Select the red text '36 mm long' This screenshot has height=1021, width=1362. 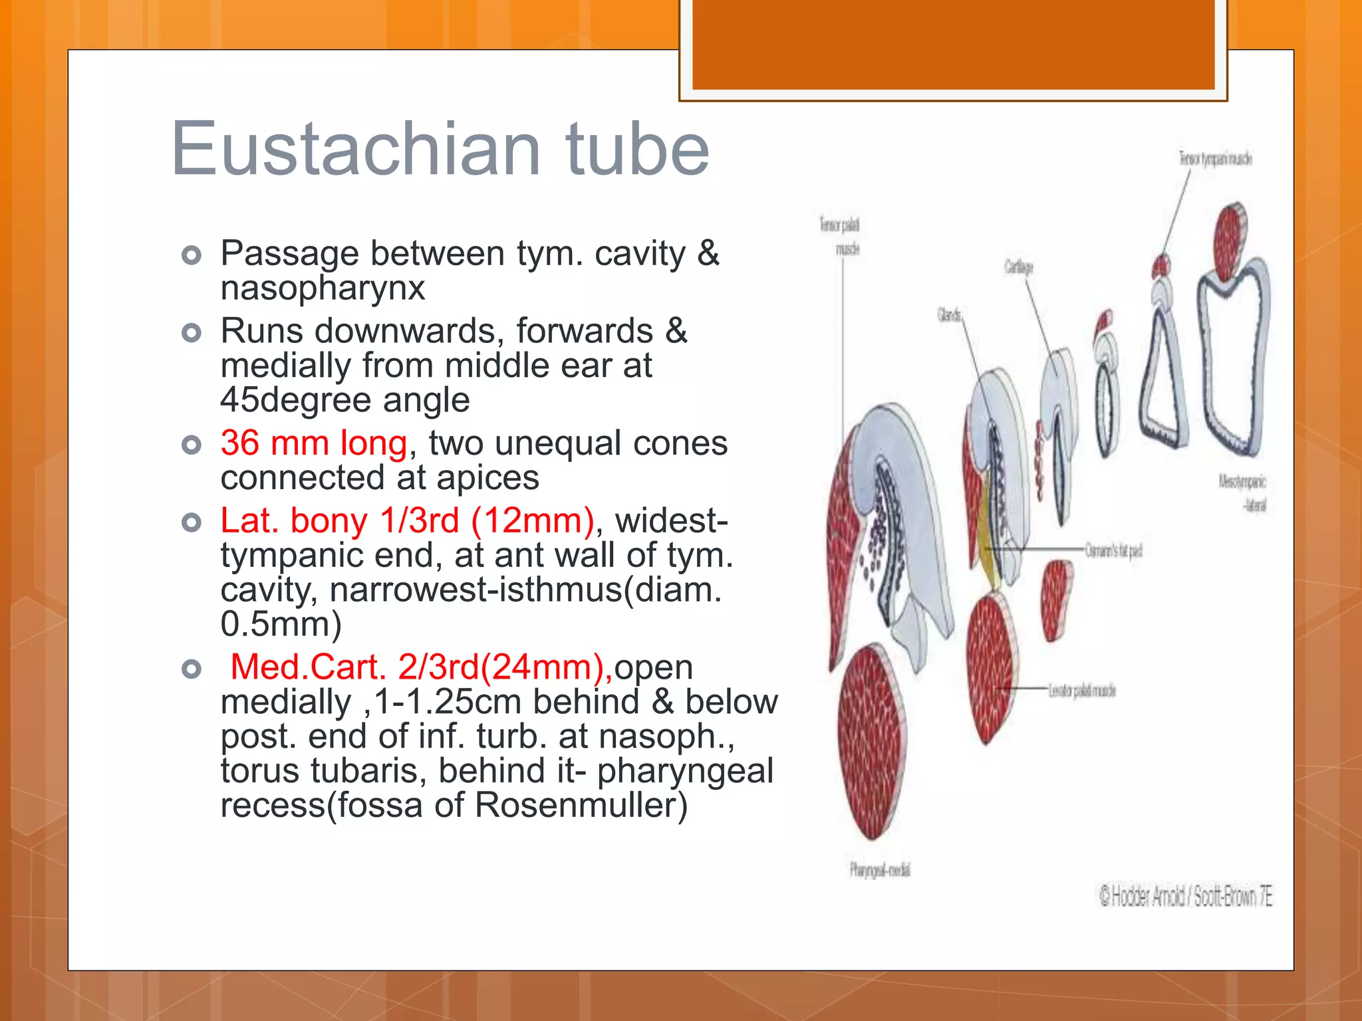pos(313,443)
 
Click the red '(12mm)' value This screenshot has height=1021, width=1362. pos(532,520)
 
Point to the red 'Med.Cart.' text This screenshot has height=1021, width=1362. pos(308,667)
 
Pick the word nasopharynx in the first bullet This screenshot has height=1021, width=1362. pos(323,288)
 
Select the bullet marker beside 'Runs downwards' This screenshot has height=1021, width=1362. pos(192,332)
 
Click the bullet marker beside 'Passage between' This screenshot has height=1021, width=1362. pos(192,255)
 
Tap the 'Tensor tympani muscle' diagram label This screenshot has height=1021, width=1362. pos(1215,159)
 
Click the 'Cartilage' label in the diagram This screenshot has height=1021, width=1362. pos(1018,268)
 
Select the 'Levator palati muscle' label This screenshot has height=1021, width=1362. pos(1082,691)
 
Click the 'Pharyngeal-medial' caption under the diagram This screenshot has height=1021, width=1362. pos(879,870)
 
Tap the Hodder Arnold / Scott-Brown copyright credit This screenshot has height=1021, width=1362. pos(1185,897)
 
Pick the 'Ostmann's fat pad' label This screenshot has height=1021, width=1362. pos(1113,551)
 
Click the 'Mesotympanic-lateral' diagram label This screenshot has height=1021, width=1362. pos(1242,493)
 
